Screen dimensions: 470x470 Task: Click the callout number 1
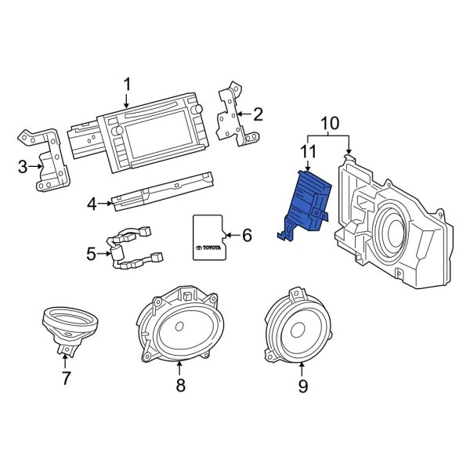point(127,84)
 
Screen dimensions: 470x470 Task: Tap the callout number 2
point(258,114)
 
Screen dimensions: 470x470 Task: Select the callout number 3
point(23,165)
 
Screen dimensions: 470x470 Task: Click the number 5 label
point(92,254)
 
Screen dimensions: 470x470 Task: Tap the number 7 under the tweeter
point(66,378)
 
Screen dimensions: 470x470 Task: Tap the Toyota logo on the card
point(208,248)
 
